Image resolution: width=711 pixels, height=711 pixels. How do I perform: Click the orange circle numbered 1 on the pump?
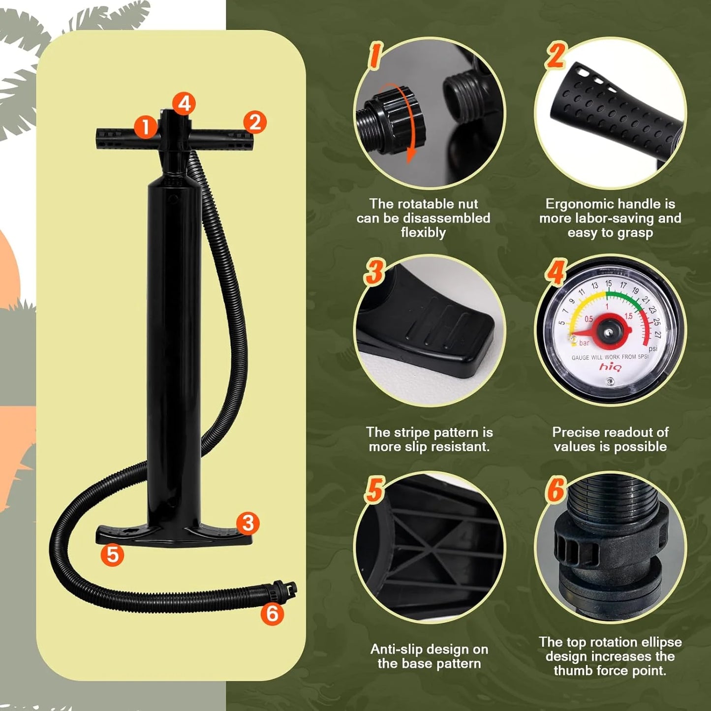click(x=145, y=127)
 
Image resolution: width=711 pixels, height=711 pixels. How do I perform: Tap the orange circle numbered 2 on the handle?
click(x=255, y=122)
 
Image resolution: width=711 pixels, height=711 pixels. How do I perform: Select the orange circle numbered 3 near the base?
click(x=247, y=523)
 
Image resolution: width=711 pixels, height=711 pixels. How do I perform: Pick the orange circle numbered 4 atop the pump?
click(x=184, y=103)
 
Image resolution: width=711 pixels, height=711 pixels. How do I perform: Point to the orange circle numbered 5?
click(x=112, y=555)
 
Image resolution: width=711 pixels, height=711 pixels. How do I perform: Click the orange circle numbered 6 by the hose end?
click(x=272, y=614)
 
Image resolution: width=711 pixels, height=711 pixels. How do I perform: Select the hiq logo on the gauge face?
click(x=610, y=367)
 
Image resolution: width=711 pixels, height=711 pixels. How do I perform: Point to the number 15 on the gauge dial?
click(x=608, y=284)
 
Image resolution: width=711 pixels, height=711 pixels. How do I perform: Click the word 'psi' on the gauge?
click(x=652, y=348)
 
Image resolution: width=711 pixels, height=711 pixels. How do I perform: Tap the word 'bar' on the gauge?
click(x=584, y=343)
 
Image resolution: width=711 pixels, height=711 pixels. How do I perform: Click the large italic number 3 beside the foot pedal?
click(x=375, y=272)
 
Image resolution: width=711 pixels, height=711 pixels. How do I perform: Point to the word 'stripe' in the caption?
click(x=412, y=432)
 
